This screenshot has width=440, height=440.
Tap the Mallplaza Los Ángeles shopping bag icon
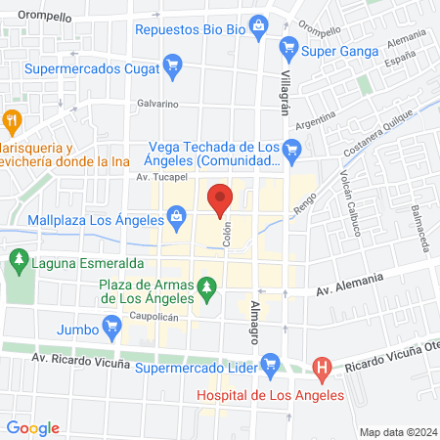click(176, 214)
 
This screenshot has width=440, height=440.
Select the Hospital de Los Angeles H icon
click(321, 369)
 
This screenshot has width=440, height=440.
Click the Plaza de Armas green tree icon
click(205, 287)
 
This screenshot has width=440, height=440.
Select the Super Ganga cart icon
click(288, 46)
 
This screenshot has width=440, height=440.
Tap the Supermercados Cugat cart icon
click(174, 68)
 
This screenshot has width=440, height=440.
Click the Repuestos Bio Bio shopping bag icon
click(257, 23)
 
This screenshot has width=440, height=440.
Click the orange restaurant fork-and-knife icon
click(13, 122)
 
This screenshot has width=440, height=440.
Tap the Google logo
click(33, 428)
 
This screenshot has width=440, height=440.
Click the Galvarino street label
click(156, 103)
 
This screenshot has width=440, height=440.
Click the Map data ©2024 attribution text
click(397, 431)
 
